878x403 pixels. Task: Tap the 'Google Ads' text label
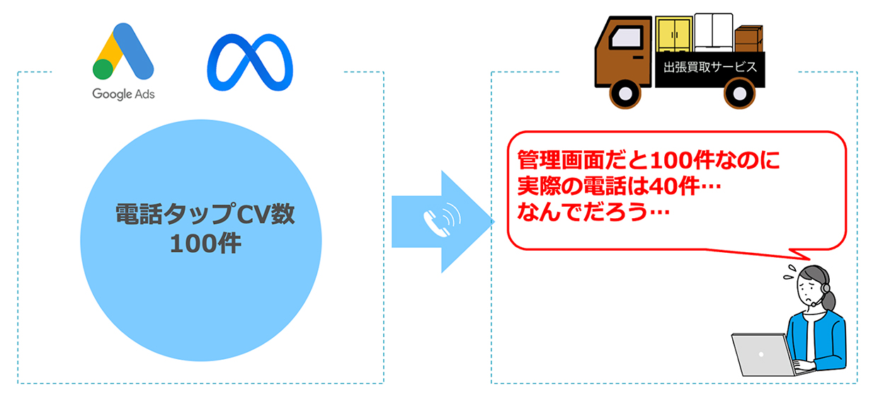pos(123,93)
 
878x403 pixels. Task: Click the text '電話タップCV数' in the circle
pos(205,215)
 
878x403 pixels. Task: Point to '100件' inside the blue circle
pos(205,244)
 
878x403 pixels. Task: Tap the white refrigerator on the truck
pos(713,33)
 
